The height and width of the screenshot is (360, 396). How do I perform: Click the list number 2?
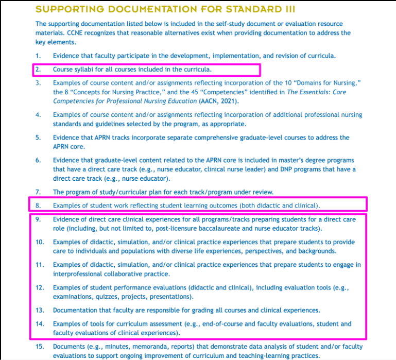pos(38,69)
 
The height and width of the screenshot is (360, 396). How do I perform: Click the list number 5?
pos(38,138)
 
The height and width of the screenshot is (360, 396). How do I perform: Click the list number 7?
pos(38,192)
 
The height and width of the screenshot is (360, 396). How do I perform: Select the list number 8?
pos(38,205)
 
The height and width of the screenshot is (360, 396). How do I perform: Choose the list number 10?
pos(39,242)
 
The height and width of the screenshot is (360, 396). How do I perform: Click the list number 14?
pos(39,324)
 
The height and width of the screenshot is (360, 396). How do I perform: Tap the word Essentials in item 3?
pos(282,92)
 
